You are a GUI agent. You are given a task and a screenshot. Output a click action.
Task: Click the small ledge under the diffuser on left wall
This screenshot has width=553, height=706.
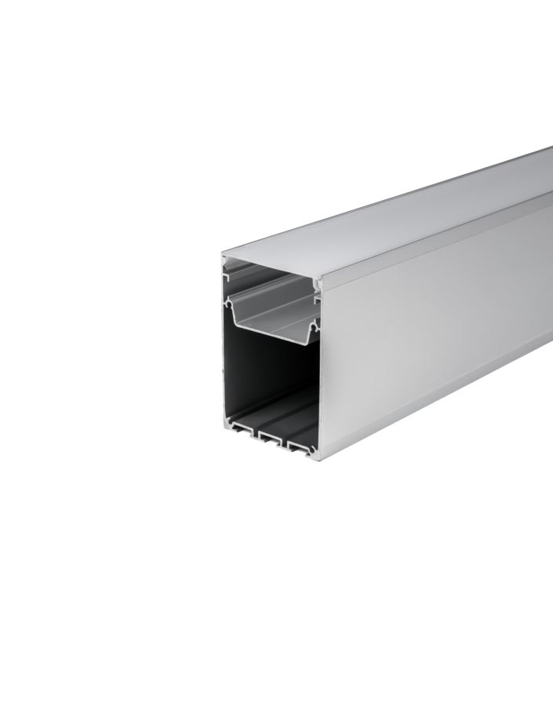(x=228, y=275)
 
